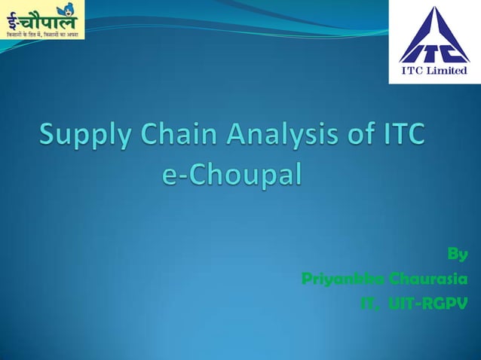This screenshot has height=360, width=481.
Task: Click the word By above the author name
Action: [458, 254]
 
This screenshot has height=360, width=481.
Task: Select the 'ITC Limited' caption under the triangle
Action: [434, 72]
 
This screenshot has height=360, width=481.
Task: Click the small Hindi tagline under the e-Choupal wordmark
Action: [41, 35]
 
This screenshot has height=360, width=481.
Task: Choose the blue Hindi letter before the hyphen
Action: [13, 18]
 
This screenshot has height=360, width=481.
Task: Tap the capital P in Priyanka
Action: [307, 279]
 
